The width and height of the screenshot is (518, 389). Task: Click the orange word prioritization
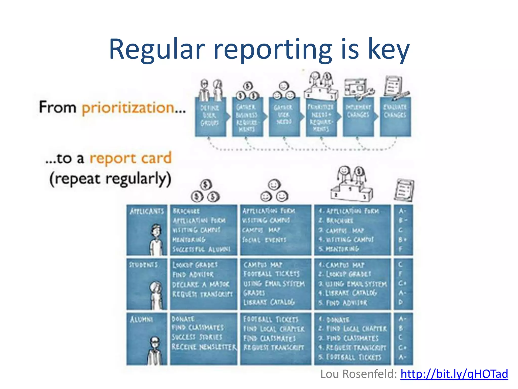point(128,108)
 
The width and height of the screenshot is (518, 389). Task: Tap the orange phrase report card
point(131,158)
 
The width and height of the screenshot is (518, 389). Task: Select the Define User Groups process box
point(210,117)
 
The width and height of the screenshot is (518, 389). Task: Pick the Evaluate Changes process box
point(395,117)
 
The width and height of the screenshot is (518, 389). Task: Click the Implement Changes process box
point(358,117)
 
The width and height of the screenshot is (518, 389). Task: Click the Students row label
point(143,265)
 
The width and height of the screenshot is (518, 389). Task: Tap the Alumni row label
point(141,320)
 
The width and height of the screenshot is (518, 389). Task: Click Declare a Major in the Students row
point(201,284)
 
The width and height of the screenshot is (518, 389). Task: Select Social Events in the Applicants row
point(264,240)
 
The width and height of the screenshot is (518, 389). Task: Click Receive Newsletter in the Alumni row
point(204,347)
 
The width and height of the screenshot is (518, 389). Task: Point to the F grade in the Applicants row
point(401,249)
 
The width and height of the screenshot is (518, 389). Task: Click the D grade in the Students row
point(401,302)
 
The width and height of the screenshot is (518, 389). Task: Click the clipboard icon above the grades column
point(404,190)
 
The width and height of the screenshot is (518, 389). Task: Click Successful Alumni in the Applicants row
point(201,249)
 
